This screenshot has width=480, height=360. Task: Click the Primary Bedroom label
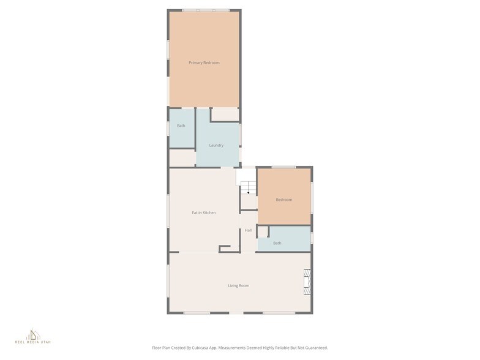point(204,62)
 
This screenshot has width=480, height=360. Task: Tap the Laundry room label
point(216,145)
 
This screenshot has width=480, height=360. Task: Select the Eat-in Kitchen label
point(204,212)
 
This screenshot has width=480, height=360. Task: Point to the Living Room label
point(238,285)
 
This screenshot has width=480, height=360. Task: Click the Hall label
point(248,230)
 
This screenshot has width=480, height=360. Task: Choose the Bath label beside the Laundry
point(181,126)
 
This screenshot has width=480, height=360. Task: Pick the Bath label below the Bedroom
point(277,243)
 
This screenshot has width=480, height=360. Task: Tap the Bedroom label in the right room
point(284,200)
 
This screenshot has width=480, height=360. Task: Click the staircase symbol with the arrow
point(247,187)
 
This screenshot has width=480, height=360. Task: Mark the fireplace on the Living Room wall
point(307,282)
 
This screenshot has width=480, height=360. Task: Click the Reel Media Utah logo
point(33,336)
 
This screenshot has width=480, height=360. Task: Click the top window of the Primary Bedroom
point(206,10)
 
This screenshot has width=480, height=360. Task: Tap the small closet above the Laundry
point(225,114)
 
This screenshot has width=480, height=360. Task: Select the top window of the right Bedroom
point(283,167)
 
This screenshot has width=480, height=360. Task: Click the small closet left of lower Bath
point(263,232)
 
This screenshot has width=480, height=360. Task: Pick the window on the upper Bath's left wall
point(168,128)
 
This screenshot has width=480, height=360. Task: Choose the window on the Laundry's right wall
point(241,135)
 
